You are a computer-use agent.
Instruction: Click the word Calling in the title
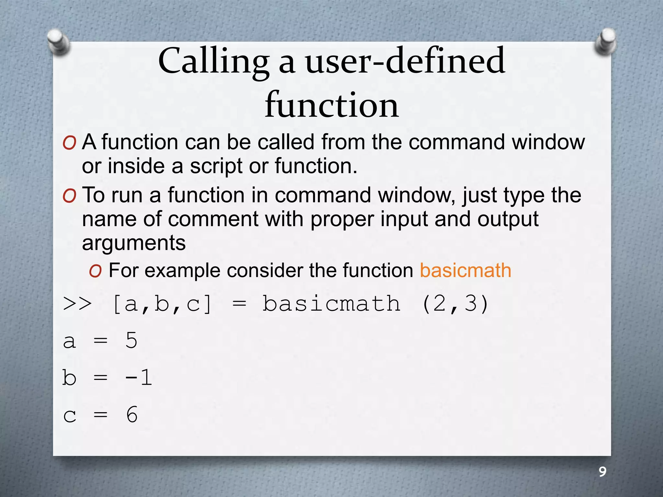pyautogui.click(x=214, y=61)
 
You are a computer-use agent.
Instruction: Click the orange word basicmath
pyautogui.click(x=465, y=270)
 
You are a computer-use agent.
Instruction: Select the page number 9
pyautogui.click(x=602, y=472)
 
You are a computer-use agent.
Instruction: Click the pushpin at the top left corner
pyautogui.click(x=58, y=42)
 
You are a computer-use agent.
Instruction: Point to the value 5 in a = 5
pyautogui.click(x=131, y=340)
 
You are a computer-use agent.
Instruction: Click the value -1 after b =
pyautogui.click(x=139, y=377)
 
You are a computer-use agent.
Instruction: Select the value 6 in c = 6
pyautogui.click(x=132, y=414)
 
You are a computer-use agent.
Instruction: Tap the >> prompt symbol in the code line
pyautogui.click(x=77, y=304)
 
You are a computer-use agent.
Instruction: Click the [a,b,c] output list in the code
pyautogui.click(x=162, y=304)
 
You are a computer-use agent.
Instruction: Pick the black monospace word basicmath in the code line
pyautogui.click(x=331, y=304)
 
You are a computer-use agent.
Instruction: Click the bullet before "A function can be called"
pyautogui.click(x=70, y=143)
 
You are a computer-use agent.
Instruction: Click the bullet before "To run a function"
pyautogui.click(x=70, y=196)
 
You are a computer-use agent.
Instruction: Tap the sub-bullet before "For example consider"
pyautogui.click(x=96, y=271)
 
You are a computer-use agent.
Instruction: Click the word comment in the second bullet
pyautogui.click(x=213, y=219)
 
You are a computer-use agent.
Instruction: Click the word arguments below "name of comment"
pyautogui.click(x=134, y=243)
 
